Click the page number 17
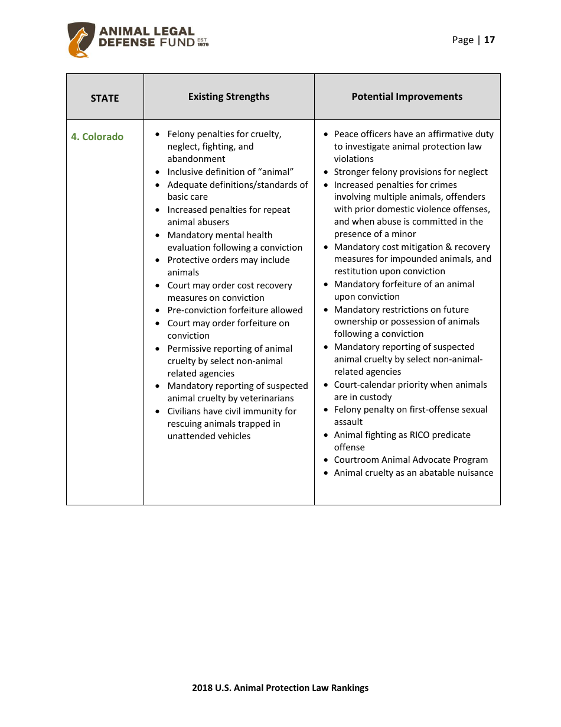click(490, 40)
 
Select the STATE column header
click(105, 98)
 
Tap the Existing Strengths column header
click(229, 96)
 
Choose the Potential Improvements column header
click(407, 96)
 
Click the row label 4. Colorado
click(97, 137)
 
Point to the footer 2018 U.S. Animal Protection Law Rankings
click(280, 687)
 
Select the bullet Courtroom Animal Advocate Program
click(410, 460)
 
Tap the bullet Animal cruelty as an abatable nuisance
click(413, 473)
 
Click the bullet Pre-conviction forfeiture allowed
click(234, 310)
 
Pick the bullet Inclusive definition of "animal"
click(230, 172)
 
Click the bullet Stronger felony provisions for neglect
click(410, 172)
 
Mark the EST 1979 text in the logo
click(203, 42)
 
